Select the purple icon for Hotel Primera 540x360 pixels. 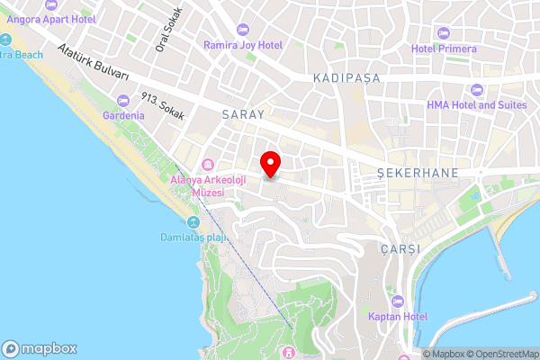[x=442, y=33]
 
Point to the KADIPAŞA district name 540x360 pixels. [x=346, y=79]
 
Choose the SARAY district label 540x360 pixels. [x=243, y=115]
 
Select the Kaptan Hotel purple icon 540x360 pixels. [x=397, y=301]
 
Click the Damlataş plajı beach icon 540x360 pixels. [x=192, y=222]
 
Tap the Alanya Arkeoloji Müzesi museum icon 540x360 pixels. [x=209, y=165]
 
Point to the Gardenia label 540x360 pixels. [x=123, y=116]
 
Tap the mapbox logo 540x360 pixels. [x=40, y=348]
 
